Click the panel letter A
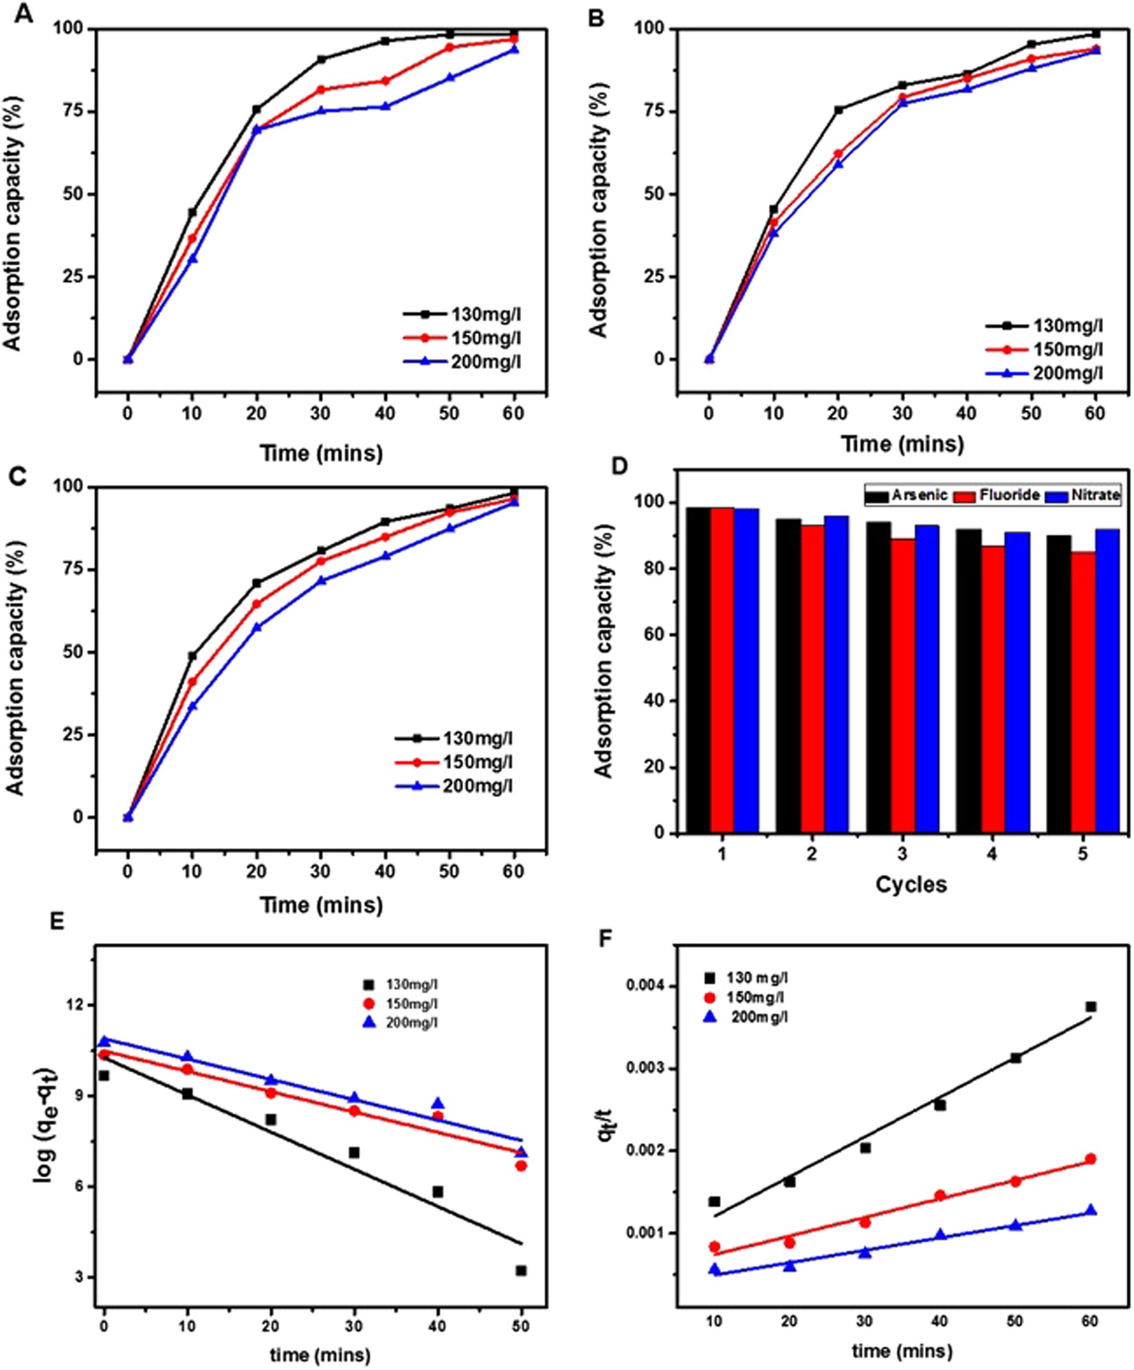point(23,14)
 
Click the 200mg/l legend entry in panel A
point(485,362)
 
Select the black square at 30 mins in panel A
point(321,59)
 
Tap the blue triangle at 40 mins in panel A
point(386,106)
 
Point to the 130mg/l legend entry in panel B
point(1067,326)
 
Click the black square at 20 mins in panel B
point(838,109)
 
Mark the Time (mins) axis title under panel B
point(902,444)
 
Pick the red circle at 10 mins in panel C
point(192,682)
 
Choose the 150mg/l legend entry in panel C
point(477,762)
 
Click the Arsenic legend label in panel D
point(920,495)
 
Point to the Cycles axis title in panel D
point(911,884)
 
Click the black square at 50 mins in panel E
point(521,1271)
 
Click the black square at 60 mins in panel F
point(1091,1007)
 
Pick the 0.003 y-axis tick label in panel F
point(647,1069)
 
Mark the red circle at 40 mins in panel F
point(940,1195)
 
